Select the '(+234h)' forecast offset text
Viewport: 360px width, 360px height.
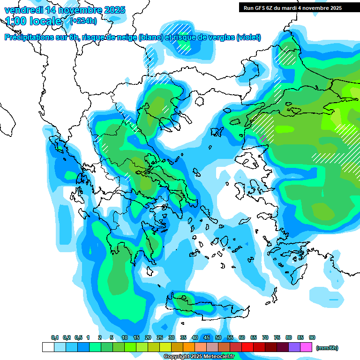click(x=83, y=21)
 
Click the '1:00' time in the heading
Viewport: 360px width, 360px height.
click(x=16, y=21)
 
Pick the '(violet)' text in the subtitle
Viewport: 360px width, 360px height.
click(x=248, y=37)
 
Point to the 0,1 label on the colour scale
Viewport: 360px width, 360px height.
click(x=54, y=337)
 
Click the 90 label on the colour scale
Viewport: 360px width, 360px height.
click(x=312, y=337)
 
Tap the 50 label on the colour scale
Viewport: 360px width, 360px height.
click(x=218, y=337)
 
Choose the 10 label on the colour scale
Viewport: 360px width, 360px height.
click(x=125, y=337)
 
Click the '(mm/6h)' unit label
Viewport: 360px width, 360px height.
click(x=327, y=348)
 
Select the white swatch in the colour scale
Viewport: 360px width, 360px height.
click(x=48, y=347)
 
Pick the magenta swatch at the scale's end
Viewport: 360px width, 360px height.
click(x=306, y=347)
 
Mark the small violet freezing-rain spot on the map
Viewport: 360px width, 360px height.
click(x=263, y=138)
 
